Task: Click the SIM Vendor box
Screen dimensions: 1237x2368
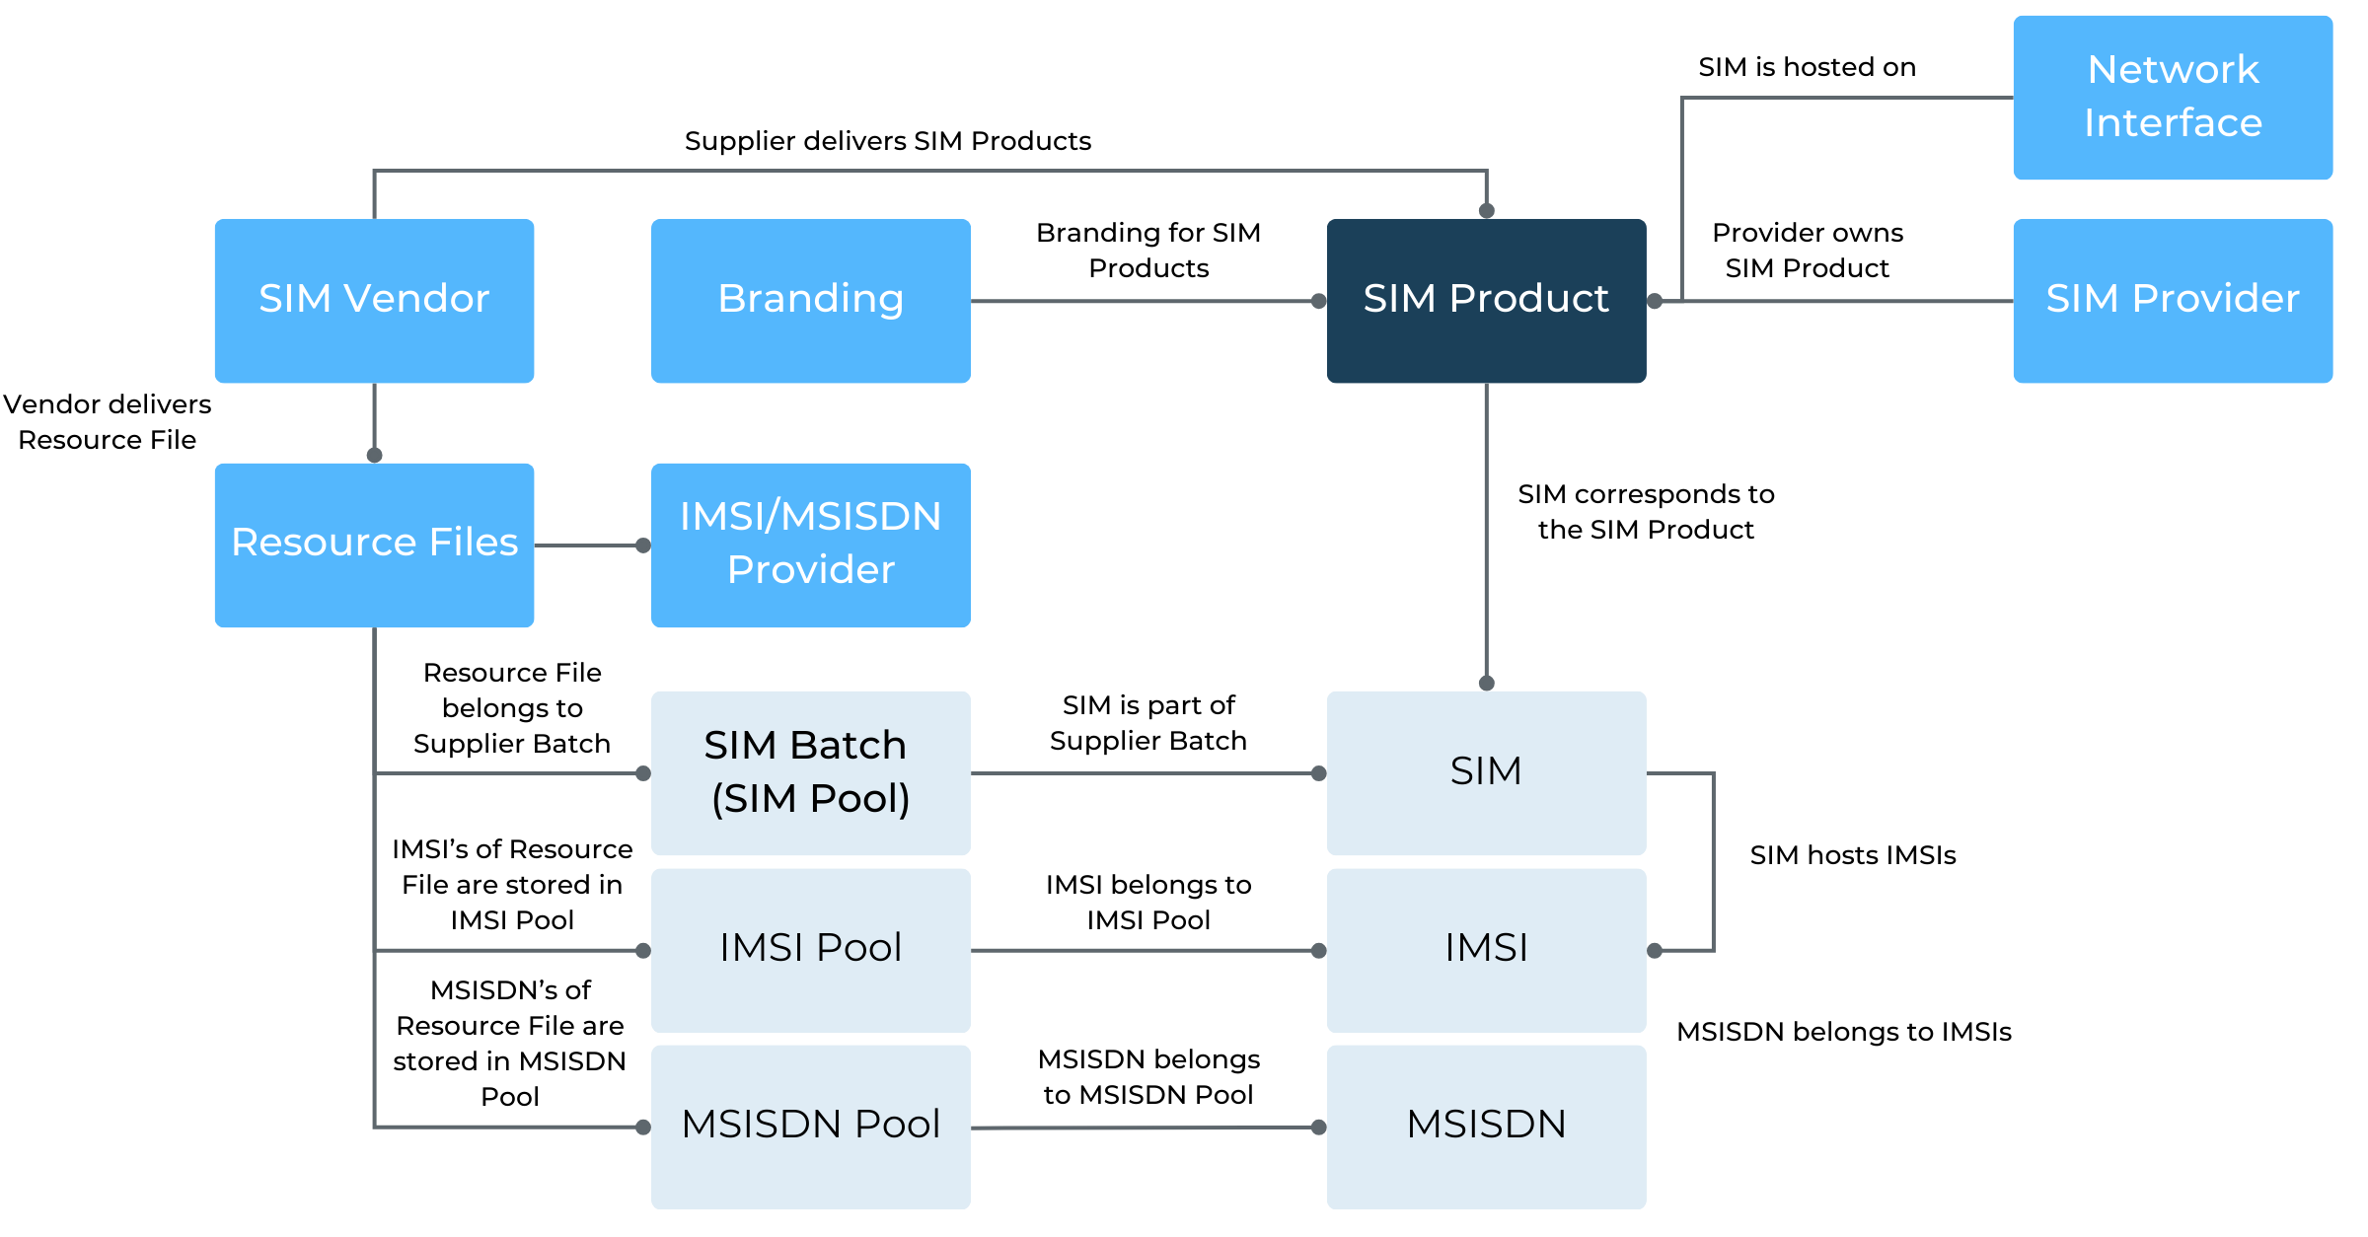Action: pos(374,300)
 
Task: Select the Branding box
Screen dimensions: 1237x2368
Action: pos(811,300)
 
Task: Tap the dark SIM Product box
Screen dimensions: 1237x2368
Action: pos(1486,300)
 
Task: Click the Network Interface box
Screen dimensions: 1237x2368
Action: pos(2173,97)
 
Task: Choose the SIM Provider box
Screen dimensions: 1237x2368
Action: pos(2173,300)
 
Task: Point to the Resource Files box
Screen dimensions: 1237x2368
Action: pos(374,545)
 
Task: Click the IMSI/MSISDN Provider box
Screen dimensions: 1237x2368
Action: pos(811,545)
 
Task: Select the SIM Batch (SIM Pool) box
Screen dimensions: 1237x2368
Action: pos(811,772)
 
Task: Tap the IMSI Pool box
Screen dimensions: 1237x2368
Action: pos(811,950)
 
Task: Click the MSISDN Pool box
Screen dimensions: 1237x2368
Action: pos(811,1127)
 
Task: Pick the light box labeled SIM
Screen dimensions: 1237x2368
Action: pos(1486,772)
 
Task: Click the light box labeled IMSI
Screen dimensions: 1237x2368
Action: pos(1486,950)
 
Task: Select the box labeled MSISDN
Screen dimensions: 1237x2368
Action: pos(1486,1127)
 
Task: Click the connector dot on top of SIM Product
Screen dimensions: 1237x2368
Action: pos(1487,210)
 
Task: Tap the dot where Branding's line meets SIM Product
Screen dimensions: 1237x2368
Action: pos(1318,301)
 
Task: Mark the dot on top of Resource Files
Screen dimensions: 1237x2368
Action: pos(374,455)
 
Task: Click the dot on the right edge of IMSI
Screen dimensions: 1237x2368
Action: pos(1655,950)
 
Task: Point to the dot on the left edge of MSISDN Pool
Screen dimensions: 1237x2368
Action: pos(643,1127)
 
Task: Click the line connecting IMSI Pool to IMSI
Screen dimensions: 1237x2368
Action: pos(1145,950)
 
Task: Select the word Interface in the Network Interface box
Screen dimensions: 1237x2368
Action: pos(2173,123)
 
